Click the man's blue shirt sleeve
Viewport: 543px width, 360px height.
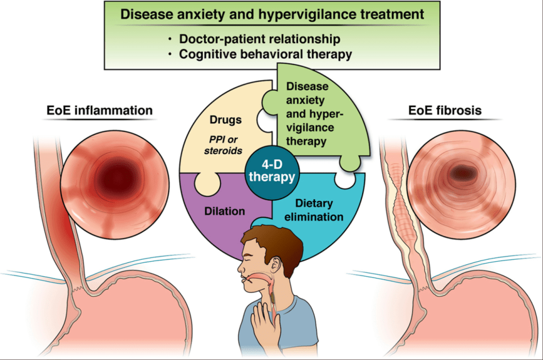point(308,319)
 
